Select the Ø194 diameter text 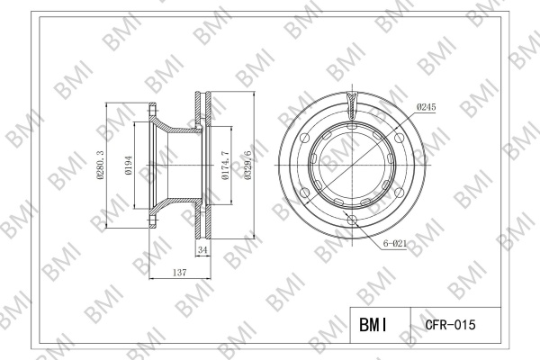point(129,165)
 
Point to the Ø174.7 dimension point(226,165)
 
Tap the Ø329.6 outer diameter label point(247,165)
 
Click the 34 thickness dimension point(202,250)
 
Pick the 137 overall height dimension point(180,273)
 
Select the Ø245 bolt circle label point(426,107)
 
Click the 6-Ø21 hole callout point(395,244)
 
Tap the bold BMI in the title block point(373,325)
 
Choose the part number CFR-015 point(451,325)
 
